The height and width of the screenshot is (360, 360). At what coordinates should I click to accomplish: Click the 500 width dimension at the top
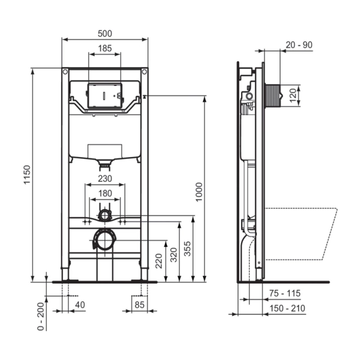click(x=105, y=34)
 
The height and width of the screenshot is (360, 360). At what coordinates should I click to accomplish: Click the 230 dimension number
click(x=105, y=179)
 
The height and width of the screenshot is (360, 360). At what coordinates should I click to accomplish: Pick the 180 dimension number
click(x=105, y=194)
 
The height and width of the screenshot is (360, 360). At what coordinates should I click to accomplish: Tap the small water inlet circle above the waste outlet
click(x=104, y=214)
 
